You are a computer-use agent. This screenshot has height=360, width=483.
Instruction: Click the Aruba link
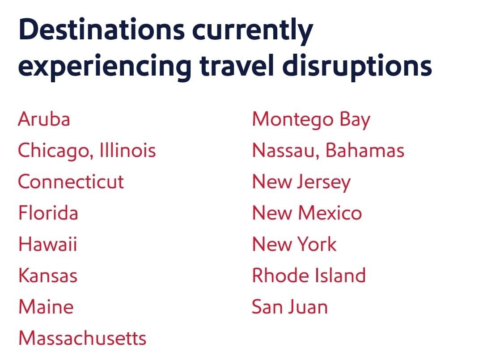pos(44,119)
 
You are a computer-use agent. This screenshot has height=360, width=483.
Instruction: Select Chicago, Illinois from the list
pos(87,151)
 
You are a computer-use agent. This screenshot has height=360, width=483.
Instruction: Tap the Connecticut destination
pos(71,182)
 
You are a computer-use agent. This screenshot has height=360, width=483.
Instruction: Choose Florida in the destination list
pos(48,213)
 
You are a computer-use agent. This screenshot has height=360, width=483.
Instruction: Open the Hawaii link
pos(48,244)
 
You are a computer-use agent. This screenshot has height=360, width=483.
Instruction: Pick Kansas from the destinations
pos(48,275)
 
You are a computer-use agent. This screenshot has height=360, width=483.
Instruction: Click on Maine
pos(46,307)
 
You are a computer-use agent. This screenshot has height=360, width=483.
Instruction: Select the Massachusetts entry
pos(82,338)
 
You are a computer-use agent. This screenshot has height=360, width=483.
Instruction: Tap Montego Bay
pos(311,120)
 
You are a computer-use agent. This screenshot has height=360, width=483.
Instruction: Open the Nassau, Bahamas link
pos(328,151)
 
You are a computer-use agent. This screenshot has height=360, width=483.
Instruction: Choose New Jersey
pos(301,182)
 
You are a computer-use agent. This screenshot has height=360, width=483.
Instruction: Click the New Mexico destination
pos(307,213)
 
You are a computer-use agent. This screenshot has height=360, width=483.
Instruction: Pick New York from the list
pos(294,244)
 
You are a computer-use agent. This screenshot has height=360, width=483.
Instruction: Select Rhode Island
pos(309,275)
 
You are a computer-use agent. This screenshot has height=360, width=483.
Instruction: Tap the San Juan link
pos(289,307)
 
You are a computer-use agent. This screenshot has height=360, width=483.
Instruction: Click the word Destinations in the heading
pos(102,30)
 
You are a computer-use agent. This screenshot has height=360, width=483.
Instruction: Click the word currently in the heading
pos(253,31)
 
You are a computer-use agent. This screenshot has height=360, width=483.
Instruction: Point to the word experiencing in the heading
pos(105,67)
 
